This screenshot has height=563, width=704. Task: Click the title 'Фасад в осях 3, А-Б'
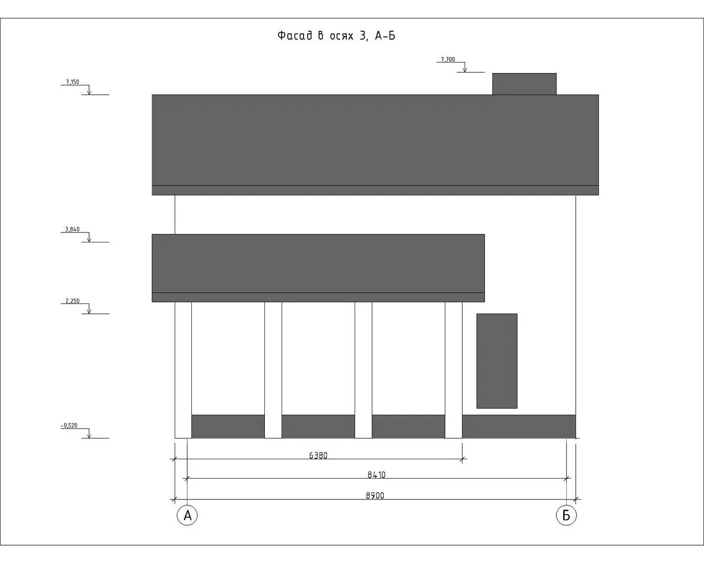[x=336, y=35]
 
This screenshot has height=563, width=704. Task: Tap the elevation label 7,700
[x=447, y=59]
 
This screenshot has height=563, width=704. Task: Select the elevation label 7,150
[x=72, y=82]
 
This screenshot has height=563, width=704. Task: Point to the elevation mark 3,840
[x=72, y=229]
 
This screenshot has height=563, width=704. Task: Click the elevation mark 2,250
[x=72, y=301]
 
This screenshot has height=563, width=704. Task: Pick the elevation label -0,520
[x=69, y=425]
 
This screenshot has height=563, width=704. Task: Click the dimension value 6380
[x=318, y=455]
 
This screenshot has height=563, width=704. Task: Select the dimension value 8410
[x=376, y=474]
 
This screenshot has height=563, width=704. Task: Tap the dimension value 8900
[x=375, y=495]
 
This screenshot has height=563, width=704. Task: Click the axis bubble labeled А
[x=187, y=516]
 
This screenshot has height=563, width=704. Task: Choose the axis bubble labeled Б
[x=566, y=516]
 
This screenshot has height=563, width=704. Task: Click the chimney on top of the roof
[x=524, y=84]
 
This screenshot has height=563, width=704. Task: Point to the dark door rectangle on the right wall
[x=496, y=361]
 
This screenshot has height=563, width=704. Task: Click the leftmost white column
[x=183, y=370]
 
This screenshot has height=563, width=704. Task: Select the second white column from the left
[x=273, y=370]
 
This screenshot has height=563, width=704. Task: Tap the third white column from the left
[x=363, y=370]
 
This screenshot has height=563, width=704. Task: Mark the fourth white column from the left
[x=453, y=370]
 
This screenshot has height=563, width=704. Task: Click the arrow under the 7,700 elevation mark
[x=465, y=68]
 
